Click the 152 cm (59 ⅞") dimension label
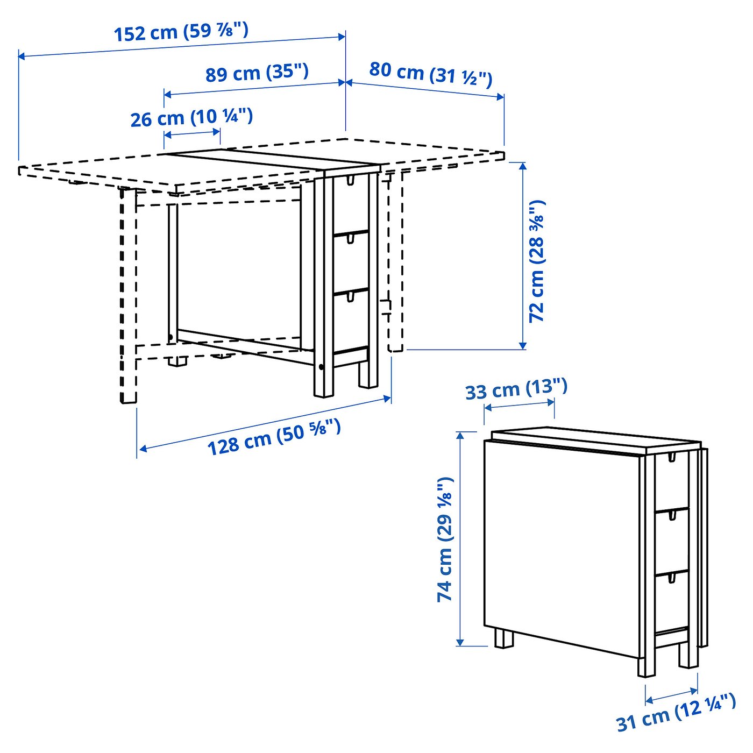(x=181, y=32)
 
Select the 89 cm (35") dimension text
(x=257, y=73)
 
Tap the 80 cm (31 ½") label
(x=430, y=74)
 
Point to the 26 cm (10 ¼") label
(x=191, y=117)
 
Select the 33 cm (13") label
(x=516, y=389)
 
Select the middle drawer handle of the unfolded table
(x=351, y=238)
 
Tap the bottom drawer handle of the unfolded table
(x=351, y=296)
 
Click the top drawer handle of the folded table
(x=671, y=457)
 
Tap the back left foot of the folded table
(x=504, y=639)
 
